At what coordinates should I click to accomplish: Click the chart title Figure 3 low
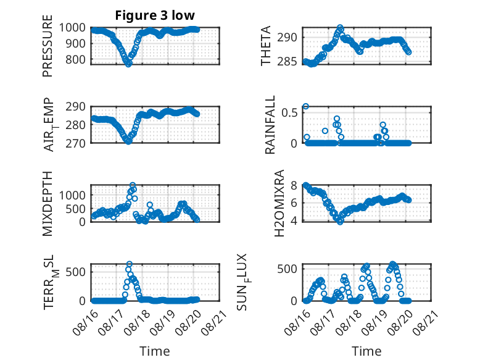tap(155, 15)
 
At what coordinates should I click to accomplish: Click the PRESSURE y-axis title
tap(48, 46)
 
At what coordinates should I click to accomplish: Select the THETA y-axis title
tap(266, 46)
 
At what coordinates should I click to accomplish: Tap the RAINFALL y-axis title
tap(270, 125)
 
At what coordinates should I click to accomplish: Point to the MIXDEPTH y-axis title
tap(48, 204)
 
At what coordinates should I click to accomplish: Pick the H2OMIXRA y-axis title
tap(279, 203)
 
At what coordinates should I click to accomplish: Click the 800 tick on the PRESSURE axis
tap(76, 59)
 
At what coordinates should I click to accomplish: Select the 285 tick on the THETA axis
tap(287, 62)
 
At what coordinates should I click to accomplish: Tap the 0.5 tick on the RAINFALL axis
tap(289, 112)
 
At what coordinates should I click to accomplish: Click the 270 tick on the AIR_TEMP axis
tap(76, 143)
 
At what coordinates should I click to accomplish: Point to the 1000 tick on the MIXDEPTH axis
tap(72, 195)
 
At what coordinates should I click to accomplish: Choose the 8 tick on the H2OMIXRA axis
tap(294, 185)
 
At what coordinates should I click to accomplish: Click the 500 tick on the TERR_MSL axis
tap(76, 272)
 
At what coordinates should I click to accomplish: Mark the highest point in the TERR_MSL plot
tap(129, 264)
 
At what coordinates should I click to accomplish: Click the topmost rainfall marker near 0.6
tap(305, 106)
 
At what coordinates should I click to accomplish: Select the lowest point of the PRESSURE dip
tap(128, 64)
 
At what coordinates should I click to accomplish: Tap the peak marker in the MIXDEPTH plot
tap(133, 185)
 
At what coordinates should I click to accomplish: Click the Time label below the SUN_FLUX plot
tap(366, 351)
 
